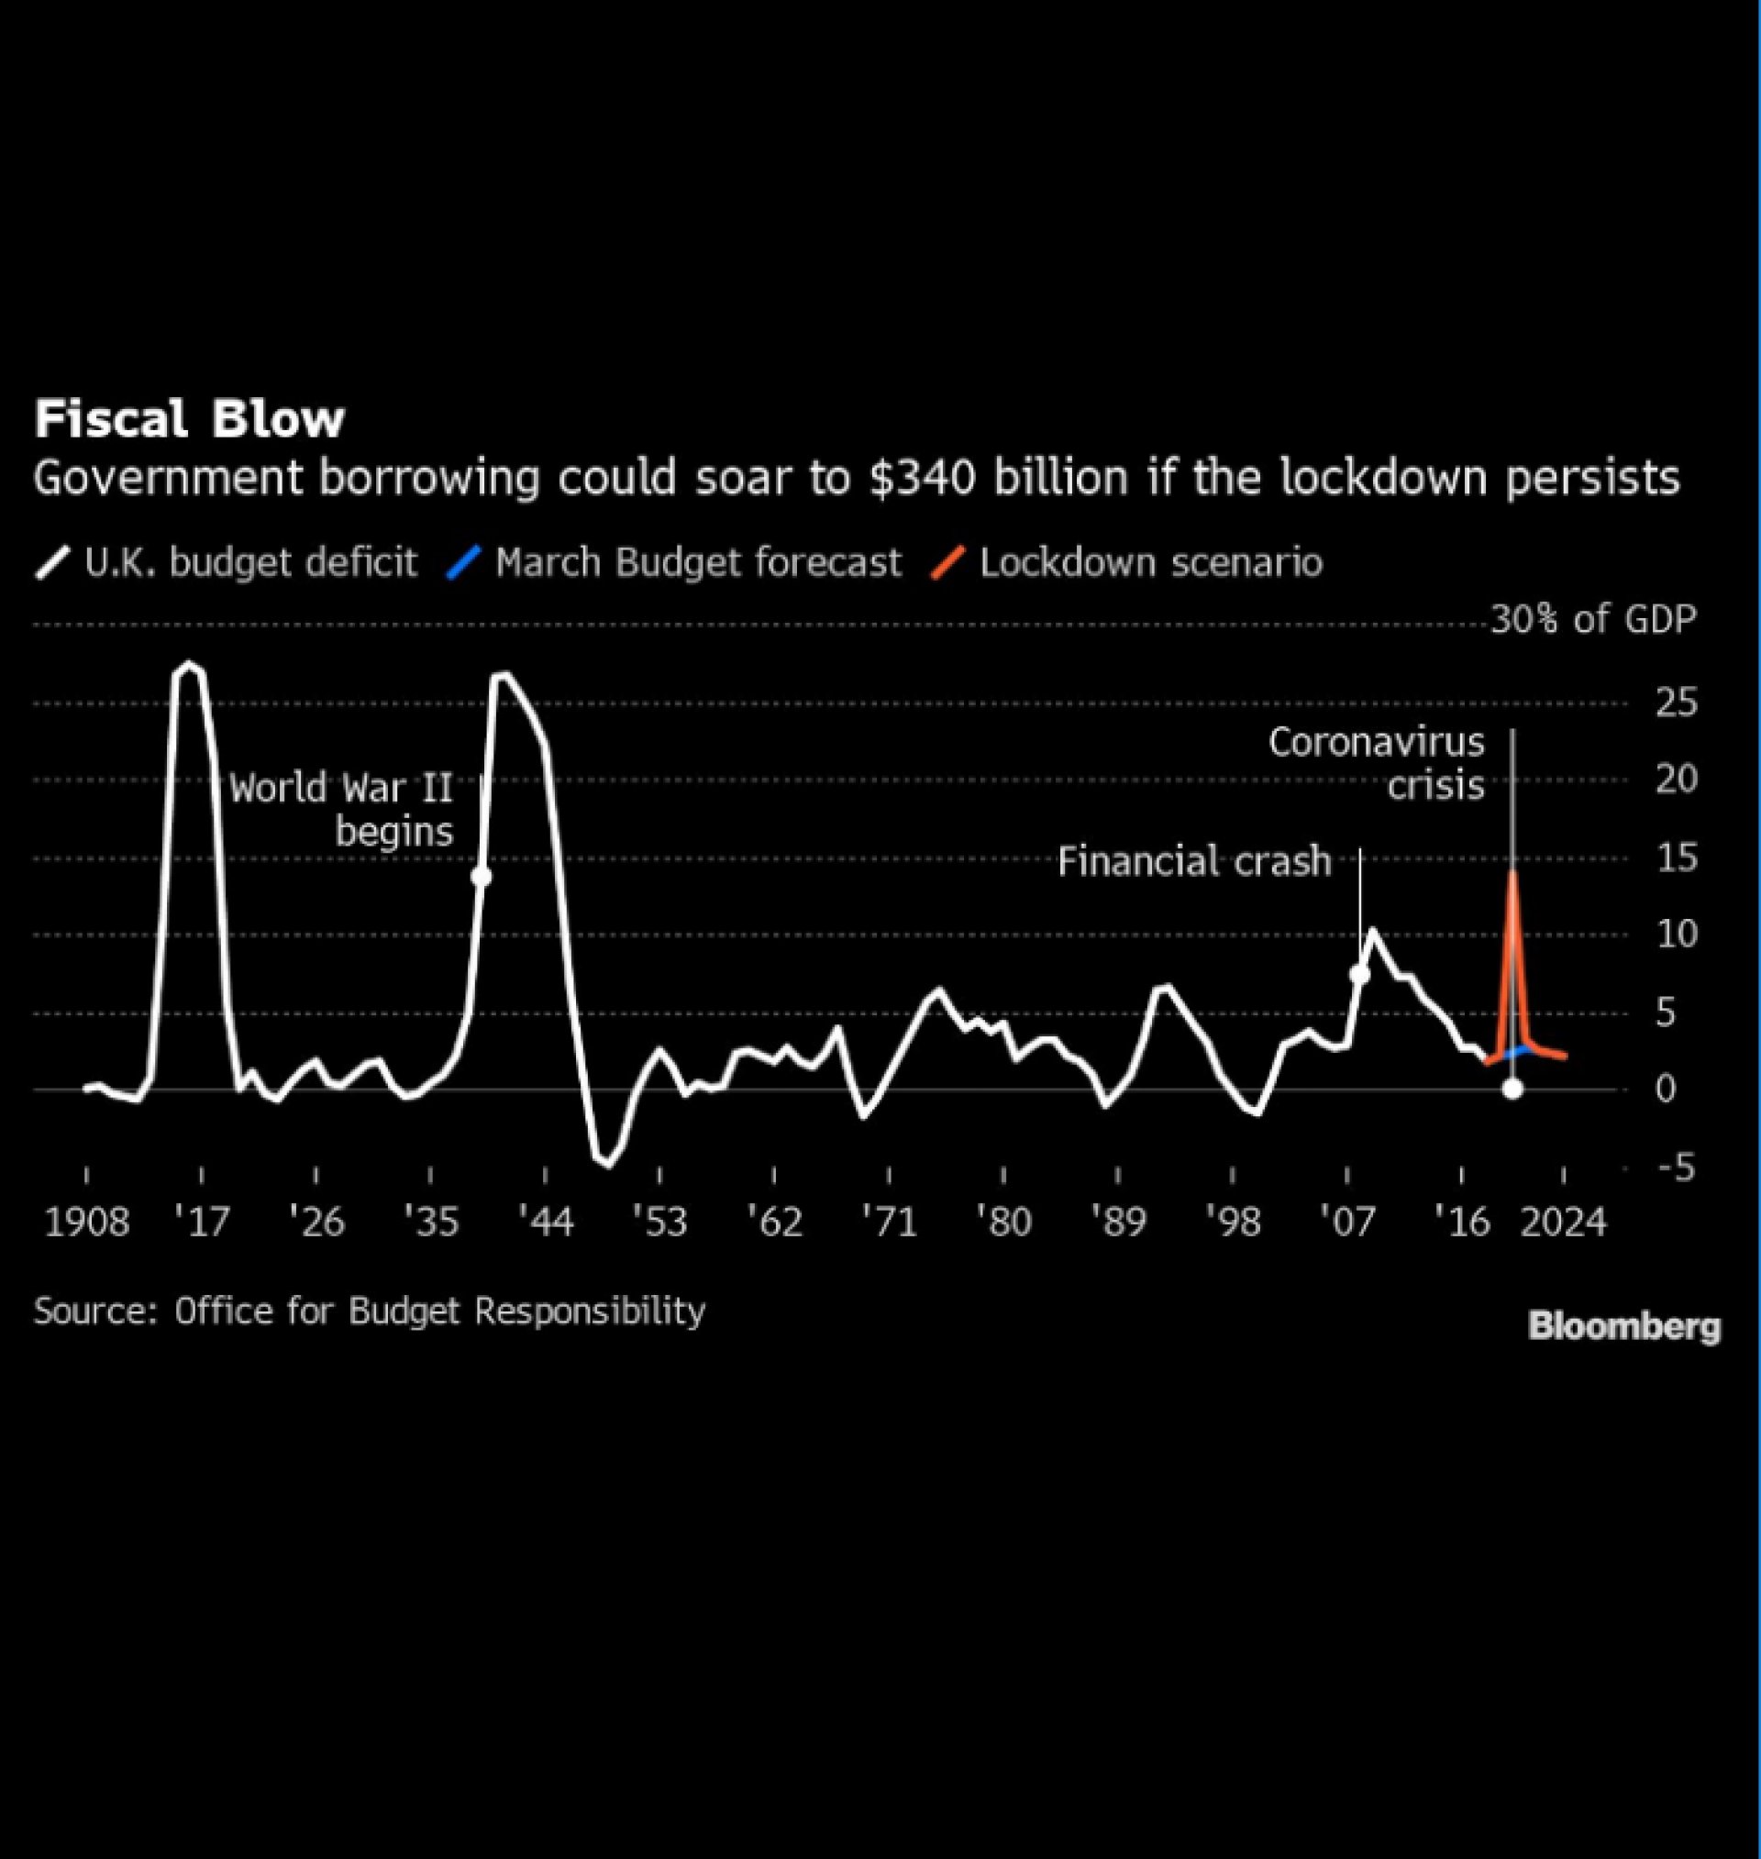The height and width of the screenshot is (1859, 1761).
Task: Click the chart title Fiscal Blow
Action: pyautogui.click(x=190, y=418)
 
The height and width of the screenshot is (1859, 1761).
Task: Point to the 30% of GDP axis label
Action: pyautogui.click(x=1594, y=619)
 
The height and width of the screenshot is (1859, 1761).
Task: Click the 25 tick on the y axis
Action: pyautogui.click(x=1676, y=702)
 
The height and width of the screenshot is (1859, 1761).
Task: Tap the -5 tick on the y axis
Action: pyautogui.click(x=1674, y=1168)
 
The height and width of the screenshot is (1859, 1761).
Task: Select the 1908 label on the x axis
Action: pyautogui.click(x=86, y=1222)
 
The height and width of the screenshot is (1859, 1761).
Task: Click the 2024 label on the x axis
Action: pyautogui.click(x=1563, y=1222)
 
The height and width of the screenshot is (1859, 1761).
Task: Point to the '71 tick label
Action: pyautogui.click(x=889, y=1222)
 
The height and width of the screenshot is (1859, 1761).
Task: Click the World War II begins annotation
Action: pyautogui.click(x=344, y=809)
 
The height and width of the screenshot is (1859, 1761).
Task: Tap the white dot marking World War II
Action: pyautogui.click(x=482, y=877)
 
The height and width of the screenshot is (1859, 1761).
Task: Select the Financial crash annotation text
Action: pyautogui.click(x=1194, y=860)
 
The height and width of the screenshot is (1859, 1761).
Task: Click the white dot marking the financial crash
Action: pyautogui.click(x=1359, y=974)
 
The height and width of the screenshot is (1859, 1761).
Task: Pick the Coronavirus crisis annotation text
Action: pyautogui.click(x=1377, y=763)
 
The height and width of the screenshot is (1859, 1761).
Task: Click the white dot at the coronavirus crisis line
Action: pyautogui.click(x=1512, y=1089)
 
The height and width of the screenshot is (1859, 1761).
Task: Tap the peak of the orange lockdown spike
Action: pyautogui.click(x=1512, y=873)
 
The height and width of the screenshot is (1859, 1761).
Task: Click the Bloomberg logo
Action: pyautogui.click(x=1624, y=1327)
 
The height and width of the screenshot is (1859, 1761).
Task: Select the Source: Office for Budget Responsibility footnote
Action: pyautogui.click(x=369, y=1311)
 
